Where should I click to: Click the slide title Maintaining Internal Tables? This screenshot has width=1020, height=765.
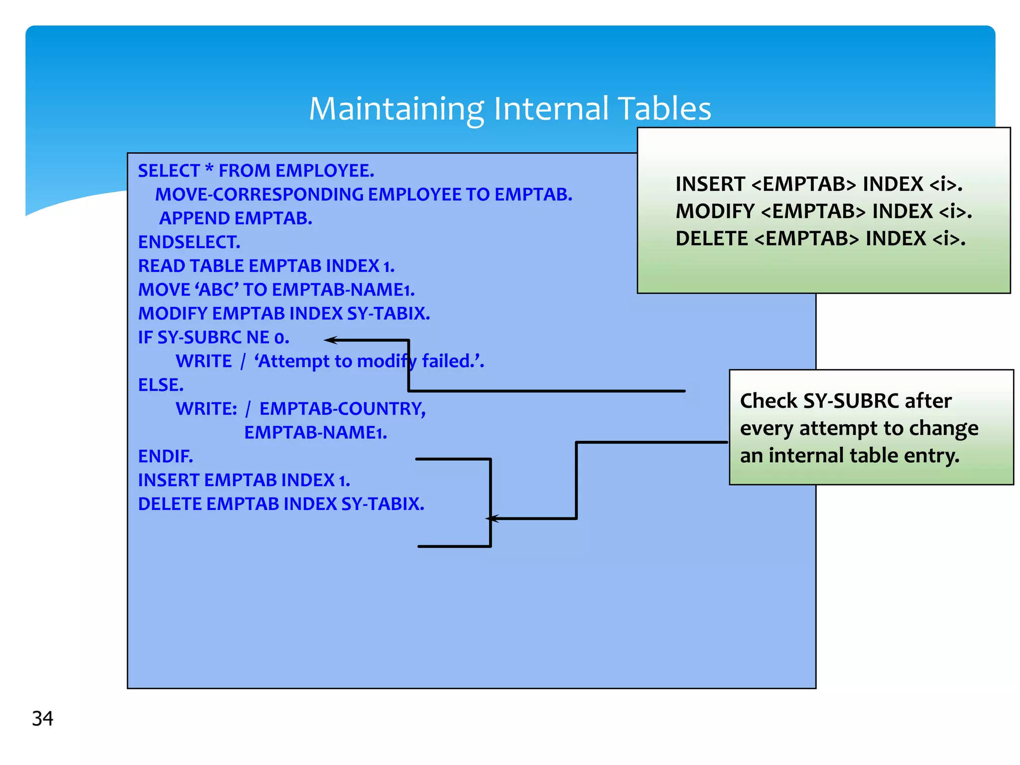(x=510, y=109)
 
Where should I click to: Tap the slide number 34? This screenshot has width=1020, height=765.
(x=42, y=718)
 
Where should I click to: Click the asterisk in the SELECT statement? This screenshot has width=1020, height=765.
(x=209, y=169)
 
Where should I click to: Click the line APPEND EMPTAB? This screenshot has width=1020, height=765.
(x=236, y=218)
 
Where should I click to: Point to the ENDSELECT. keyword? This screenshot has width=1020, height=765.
(x=189, y=242)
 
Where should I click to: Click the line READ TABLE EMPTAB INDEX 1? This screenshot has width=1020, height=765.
(x=266, y=266)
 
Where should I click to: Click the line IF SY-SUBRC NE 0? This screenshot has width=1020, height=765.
(x=213, y=338)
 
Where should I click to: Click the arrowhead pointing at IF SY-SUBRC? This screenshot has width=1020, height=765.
(x=329, y=340)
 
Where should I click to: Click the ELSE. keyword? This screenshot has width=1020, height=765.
(x=161, y=385)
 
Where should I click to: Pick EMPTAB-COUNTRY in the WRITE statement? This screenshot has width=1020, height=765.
(x=342, y=408)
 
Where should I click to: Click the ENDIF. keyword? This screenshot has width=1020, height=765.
(x=165, y=456)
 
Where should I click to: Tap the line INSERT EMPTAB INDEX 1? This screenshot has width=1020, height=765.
(x=244, y=480)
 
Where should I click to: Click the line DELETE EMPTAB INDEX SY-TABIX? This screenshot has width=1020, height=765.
(x=281, y=504)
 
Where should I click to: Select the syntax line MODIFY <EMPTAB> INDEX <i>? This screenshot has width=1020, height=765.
(x=823, y=211)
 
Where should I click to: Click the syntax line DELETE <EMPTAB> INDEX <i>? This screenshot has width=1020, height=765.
(x=820, y=239)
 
